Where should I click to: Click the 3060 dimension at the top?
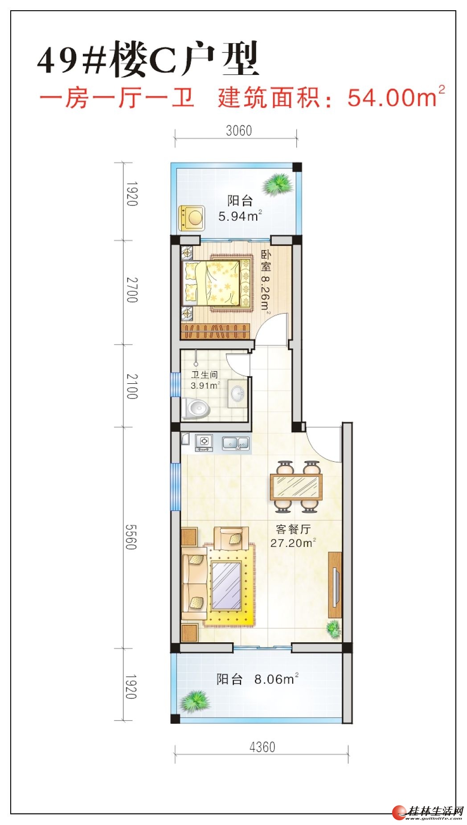coord(239,131)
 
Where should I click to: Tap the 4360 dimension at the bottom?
coord(262,747)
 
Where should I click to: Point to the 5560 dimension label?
coord(130,537)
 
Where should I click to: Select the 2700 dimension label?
coord(132,290)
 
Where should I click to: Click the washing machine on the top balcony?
coord(192,218)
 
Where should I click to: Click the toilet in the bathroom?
coord(196,408)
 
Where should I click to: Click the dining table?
coord(296,486)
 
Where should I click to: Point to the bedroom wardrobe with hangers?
coord(215,331)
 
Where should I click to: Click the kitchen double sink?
coord(236,443)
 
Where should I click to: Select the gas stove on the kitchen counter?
coord(204,442)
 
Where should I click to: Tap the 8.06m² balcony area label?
coord(276,679)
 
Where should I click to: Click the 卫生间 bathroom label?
coord(205,375)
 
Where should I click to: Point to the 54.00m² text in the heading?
coord(396,97)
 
